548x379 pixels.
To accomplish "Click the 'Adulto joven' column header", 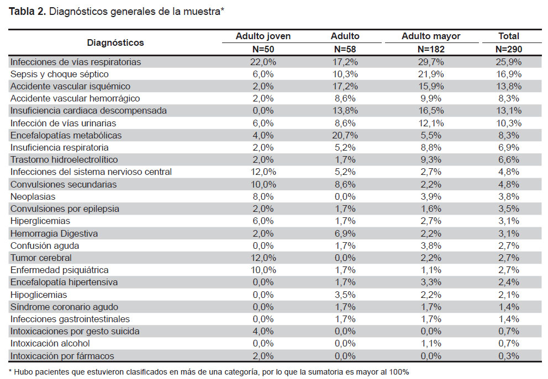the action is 263,36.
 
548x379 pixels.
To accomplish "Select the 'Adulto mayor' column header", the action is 430,36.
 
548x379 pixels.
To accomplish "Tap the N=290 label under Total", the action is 509,49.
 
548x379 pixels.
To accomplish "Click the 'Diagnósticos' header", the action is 115,42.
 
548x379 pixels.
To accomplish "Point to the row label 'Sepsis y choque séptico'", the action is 60,74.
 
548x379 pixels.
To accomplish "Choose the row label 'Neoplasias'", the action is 33,196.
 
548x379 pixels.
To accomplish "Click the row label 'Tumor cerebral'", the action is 41,258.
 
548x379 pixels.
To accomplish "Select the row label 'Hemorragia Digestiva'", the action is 54,233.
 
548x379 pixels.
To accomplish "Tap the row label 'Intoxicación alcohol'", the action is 50,343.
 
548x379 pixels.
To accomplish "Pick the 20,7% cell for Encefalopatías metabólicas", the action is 345,135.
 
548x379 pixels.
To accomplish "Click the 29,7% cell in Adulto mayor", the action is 430,62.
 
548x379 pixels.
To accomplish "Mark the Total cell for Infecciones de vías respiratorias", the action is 509,62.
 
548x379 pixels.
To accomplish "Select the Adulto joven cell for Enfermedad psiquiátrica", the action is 263,270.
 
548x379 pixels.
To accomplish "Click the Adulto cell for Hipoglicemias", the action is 345,295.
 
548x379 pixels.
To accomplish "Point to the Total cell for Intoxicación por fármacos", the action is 509,356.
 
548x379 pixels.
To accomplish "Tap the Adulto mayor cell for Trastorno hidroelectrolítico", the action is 430,160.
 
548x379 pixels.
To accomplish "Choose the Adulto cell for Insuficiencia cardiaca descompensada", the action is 345,111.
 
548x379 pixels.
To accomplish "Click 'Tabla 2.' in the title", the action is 27,12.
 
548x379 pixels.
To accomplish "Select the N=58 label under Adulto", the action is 345,49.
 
